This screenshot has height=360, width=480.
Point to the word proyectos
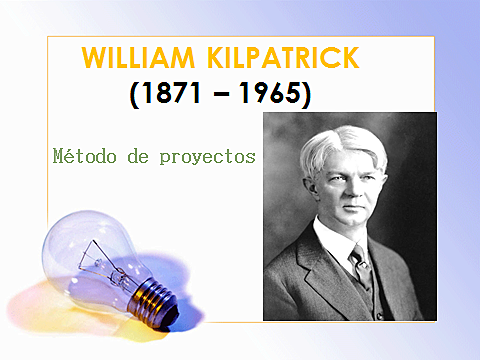click(207, 157)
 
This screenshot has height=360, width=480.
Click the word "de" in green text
click(136, 157)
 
